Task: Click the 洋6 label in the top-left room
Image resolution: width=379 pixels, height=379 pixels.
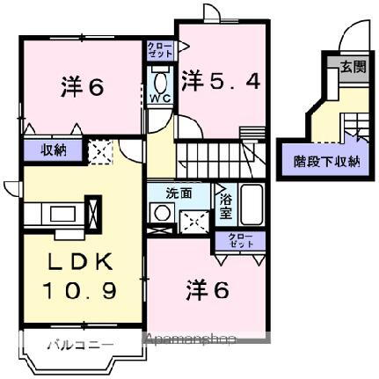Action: (84, 88)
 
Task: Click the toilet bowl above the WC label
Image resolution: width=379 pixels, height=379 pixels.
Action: (160, 83)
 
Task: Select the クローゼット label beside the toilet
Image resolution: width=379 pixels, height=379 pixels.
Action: (160, 49)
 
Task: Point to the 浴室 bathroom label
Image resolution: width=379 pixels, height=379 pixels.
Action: (225, 203)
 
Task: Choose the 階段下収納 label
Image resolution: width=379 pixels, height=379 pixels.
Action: (326, 161)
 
